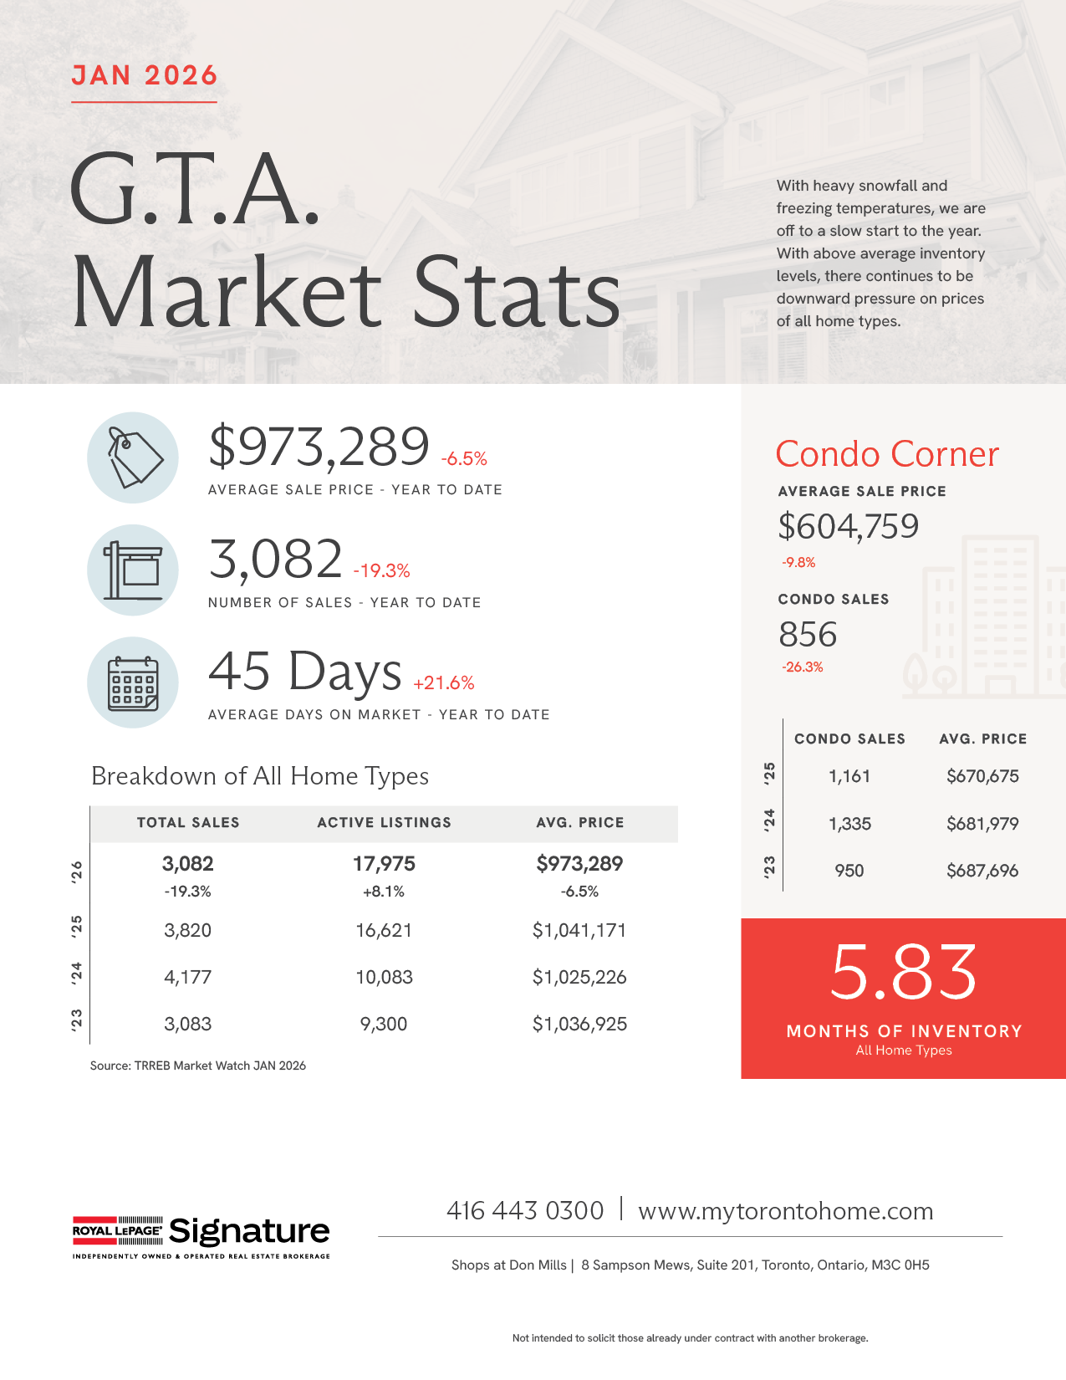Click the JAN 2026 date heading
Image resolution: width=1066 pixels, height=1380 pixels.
tap(144, 75)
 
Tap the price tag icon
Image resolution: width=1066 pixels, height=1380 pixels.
tap(133, 457)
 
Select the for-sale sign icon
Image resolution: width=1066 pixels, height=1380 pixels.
tap(133, 570)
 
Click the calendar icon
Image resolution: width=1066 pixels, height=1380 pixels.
tap(133, 682)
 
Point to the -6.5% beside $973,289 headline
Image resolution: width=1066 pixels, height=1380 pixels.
tap(464, 459)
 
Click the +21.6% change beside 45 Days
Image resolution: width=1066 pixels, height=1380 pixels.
tap(444, 683)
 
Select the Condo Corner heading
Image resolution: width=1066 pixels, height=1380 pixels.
tap(887, 454)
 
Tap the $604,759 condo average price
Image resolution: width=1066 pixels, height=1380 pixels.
tap(849, 527)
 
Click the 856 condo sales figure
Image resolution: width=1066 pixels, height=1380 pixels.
tap(808, 635)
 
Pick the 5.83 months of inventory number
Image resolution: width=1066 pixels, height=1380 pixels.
tap(904, 972)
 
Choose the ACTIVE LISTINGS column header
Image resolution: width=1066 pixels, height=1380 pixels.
tap(384, 823)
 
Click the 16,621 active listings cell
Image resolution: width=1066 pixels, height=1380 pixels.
tap(384, 930)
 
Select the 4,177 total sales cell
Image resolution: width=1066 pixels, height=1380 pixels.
tap(187, 977)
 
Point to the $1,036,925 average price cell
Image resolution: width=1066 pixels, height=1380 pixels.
tap(579, 1024)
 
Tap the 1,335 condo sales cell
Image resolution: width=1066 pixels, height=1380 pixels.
tap(849, 824)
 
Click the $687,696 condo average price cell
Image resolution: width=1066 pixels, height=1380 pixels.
tap(982, 871)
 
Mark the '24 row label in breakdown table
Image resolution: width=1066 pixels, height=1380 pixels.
tap(77, 974)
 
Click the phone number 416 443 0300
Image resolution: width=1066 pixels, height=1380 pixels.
tap(525, 1211)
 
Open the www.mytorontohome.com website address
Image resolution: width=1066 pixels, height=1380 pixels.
tap(786, 1211)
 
